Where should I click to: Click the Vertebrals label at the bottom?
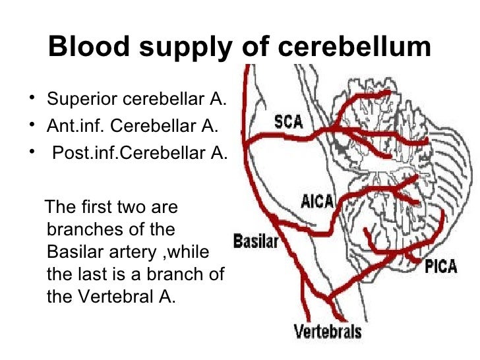tap(327, 330)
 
